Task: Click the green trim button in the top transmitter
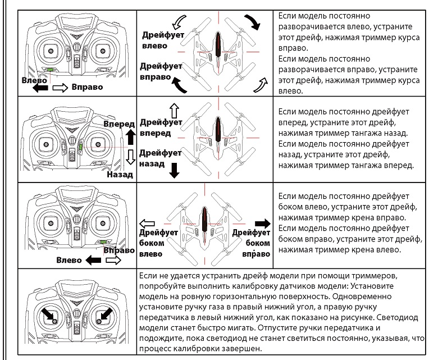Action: [51, 70]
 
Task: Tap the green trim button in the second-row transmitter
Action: [81, 147]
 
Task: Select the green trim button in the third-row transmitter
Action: [103, 242]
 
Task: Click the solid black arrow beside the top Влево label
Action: [40, 88]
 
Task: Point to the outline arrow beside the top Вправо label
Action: [60, 88]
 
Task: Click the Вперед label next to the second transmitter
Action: [119, 124]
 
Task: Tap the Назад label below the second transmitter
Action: [120, 175]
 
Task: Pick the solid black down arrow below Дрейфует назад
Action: [174, 170]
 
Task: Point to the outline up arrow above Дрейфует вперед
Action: [174, 111]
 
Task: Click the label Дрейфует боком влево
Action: [158, 243]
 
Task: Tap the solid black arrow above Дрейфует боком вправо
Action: [263, 224]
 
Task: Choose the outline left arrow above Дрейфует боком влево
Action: [147, 224]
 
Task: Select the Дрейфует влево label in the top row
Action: [163, 40]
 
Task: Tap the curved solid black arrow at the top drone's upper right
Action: [253, 22]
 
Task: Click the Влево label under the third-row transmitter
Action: [69, 260]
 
